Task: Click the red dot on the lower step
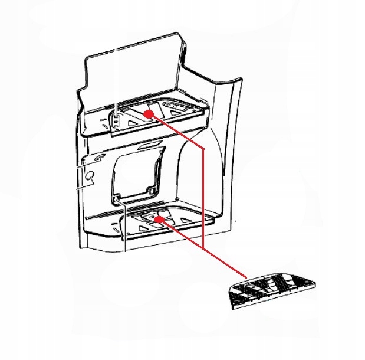158,219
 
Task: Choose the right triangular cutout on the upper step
175,107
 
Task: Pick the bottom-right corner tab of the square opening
153,191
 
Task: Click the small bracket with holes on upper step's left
117,122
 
